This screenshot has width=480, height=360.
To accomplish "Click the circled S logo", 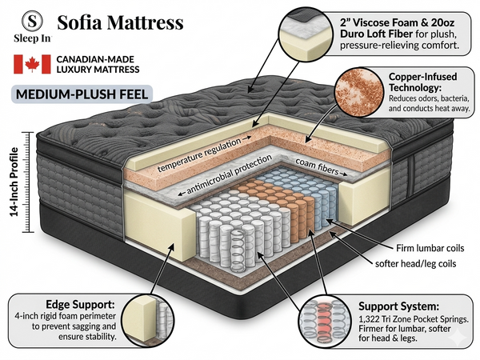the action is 32,21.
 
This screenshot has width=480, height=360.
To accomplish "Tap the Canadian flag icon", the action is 32,64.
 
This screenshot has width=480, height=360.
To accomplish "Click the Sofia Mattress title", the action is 120,22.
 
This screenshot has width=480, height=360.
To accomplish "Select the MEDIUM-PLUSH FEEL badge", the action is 82,94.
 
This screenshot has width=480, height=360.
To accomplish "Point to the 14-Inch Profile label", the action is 14,182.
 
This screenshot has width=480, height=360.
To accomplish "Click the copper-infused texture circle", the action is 359,92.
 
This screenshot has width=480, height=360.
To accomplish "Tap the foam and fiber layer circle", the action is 306,33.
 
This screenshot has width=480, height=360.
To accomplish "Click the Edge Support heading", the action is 81,305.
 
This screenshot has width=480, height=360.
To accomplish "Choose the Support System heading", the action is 398,306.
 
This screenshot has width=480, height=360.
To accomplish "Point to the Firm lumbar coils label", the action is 430,248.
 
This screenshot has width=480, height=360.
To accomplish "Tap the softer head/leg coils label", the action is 416,263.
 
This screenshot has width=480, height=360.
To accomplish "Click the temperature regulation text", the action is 199,154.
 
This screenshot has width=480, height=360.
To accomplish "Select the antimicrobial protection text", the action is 229,174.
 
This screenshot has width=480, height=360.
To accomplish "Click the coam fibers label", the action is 317,167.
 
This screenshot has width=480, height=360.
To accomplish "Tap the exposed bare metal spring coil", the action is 238,250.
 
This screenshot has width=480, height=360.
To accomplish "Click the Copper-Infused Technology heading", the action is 422,82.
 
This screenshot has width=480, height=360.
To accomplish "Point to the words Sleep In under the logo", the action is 32,38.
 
